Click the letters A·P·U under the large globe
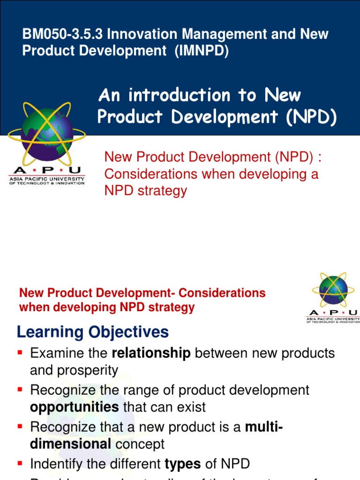click(x=47, y=171)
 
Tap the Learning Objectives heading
click(x=92, y=332)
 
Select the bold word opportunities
click(x=74, y=407)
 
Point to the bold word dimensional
click(x=70, y=444)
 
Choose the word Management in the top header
click(x=236, y=35)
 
